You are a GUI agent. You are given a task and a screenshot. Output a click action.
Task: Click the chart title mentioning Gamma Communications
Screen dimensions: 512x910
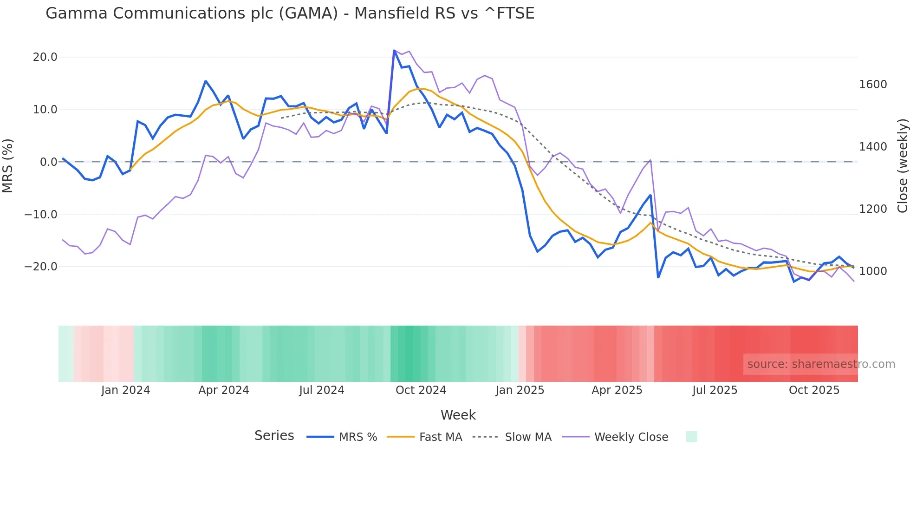coord(290,13)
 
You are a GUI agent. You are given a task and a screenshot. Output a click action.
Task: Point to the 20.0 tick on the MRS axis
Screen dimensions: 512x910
coord(45,57)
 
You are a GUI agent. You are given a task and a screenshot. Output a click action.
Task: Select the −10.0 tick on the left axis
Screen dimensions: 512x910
coord(41,215)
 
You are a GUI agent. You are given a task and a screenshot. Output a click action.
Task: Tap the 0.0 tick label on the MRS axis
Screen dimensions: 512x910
coord(48,162)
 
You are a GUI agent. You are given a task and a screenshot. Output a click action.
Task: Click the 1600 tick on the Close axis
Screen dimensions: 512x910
coord(873,85)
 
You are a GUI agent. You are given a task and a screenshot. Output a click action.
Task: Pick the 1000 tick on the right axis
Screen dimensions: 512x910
coord(873,271)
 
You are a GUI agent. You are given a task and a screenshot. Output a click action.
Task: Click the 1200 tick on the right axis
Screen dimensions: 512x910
coord(873,209)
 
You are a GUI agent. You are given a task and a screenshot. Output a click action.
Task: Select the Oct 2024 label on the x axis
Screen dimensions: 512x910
coord(421,390)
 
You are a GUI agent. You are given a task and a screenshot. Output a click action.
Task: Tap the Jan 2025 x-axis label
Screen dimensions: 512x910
coord(520,390)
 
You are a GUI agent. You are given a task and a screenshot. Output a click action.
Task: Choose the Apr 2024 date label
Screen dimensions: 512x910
coord(223,390)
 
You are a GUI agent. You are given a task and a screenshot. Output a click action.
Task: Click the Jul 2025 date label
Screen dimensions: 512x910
coord(715,390)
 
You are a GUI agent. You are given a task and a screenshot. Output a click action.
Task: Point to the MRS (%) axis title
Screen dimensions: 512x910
coord(8,165)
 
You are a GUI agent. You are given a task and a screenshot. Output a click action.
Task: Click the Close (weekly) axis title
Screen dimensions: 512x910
coord(902,166)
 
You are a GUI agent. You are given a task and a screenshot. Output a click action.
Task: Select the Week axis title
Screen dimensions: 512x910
coord(458,415)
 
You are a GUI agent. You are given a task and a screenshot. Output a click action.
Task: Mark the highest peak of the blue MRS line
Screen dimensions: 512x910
coord(394,50)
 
